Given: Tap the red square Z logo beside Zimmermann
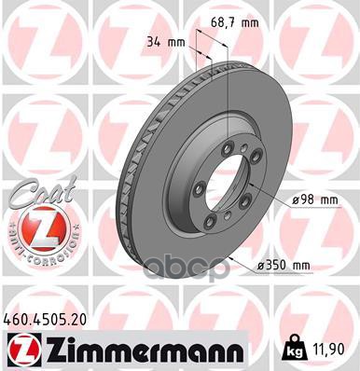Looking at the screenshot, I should point(18,349).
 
